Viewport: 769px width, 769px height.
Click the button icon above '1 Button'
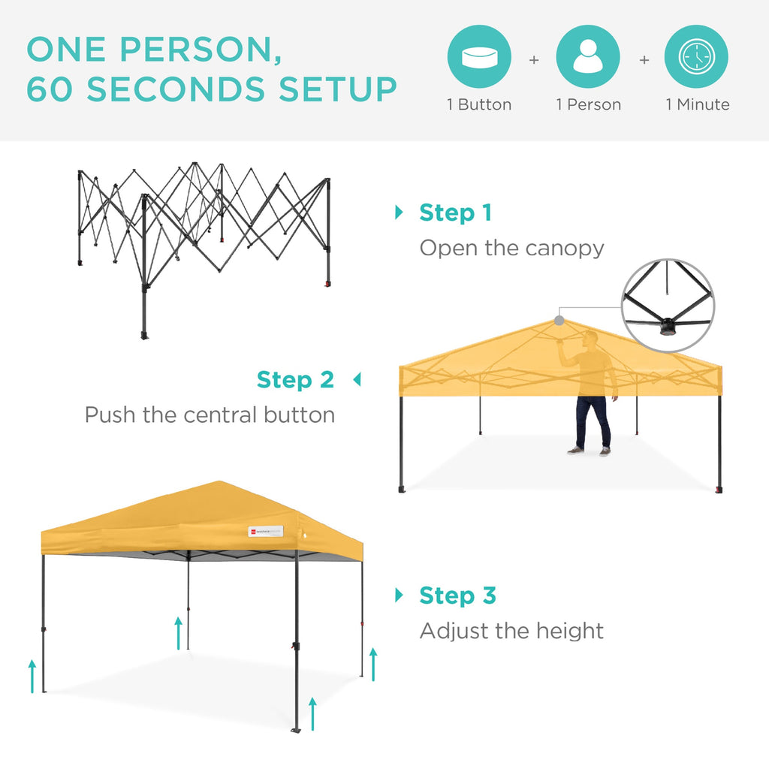pos(479,57)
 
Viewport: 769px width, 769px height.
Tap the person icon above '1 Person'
pos(588,57)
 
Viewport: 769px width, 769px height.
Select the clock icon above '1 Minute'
pos(696,57)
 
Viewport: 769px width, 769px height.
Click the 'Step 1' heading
pos(455,213)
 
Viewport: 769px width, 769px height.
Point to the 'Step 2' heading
pos(295,380)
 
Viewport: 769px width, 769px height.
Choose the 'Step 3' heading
pos(457,596)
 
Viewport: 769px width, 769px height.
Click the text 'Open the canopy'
pos(511,248)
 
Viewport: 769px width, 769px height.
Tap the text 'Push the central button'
pos(210,415)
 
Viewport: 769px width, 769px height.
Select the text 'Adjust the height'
pos(511,631)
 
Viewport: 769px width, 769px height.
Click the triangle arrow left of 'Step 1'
pos(399,213)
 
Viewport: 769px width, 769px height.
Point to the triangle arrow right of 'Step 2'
pos(357,380)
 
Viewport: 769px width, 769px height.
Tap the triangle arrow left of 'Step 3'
pos(399,596)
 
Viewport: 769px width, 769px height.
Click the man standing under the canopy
pos(591,394)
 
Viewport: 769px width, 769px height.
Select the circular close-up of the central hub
pos(668,306)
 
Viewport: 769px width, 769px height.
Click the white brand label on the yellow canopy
pos(266,531)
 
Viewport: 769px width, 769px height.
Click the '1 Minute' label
pos(697,105)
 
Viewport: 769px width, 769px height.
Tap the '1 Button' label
pos(479,105)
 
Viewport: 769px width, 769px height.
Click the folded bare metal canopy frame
pos(204,233)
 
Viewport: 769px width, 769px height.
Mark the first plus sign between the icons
pos(534,59)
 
